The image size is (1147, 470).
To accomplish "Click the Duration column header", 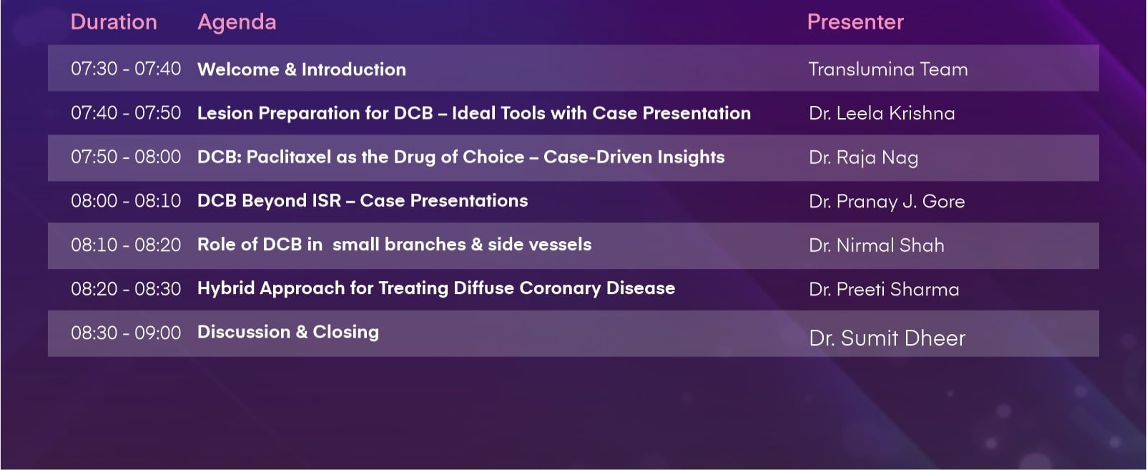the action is (114, 22).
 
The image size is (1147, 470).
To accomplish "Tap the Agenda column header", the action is (237, 22).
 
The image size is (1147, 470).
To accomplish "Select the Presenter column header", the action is (856, 22).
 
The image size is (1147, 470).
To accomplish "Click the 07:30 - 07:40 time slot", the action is (126, 69).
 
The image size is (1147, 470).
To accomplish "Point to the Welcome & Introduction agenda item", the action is (302, 69).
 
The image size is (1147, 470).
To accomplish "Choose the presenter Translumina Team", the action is (888, 69).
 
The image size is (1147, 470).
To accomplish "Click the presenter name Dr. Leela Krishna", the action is (882, 113).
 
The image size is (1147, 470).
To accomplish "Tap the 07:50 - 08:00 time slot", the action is (126, 157).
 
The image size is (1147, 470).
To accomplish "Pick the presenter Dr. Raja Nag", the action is (863, 158).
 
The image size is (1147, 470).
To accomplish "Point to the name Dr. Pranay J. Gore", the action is (887, 202).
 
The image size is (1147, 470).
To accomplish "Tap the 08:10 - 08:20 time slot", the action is (126, 245).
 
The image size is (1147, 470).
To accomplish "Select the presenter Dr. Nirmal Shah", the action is (877, 245).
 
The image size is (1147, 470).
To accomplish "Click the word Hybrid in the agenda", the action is (227, 289).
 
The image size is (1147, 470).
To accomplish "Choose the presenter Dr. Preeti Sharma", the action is (884, 289).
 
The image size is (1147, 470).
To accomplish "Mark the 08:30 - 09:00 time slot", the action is (126, 333).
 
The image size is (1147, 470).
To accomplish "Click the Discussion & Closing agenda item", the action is (288, 332).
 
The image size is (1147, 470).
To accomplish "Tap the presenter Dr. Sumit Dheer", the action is (887, 338).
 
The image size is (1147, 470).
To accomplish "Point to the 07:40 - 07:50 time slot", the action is (126, 112).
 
